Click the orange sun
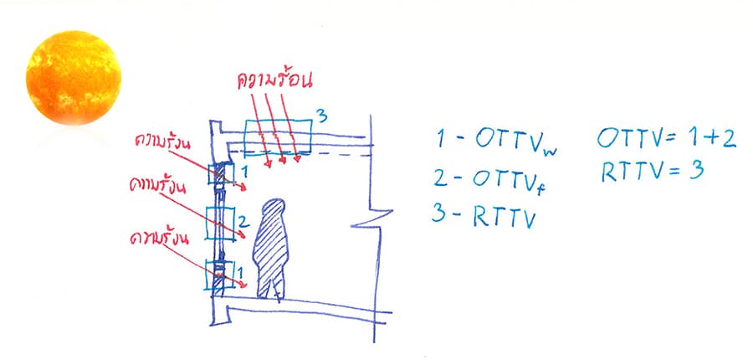[74, 77]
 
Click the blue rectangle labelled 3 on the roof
[278, 138]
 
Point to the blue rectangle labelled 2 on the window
[220, 223]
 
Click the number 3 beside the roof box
[322, 115]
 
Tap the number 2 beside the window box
[243, 222]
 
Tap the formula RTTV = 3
[653, 171]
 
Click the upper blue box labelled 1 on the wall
[221, 173]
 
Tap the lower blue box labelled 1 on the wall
[219, 275]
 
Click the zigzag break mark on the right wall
[374, 218]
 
